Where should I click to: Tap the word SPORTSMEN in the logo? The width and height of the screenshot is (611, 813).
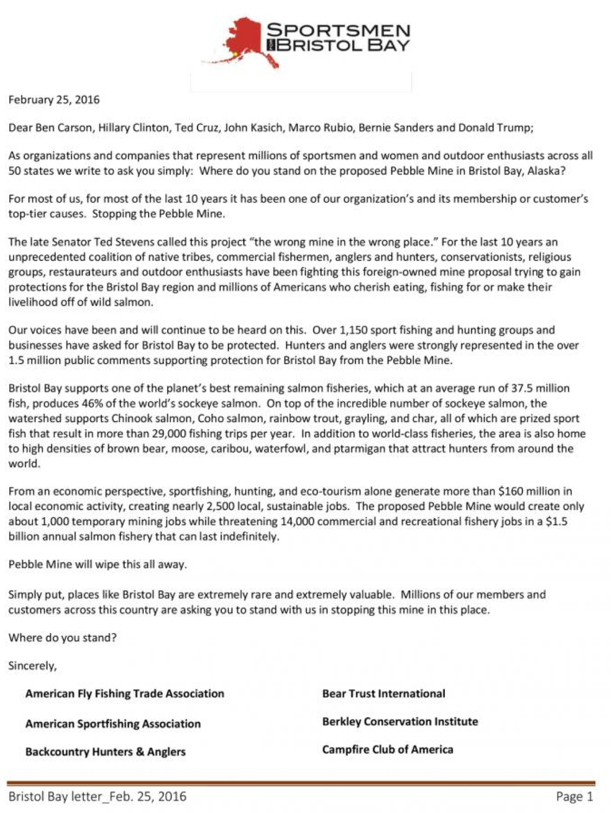point(338,31)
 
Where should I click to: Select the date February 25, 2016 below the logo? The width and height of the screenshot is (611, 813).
point(54,100)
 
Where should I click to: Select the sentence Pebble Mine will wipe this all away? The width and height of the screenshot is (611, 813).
point(97,565)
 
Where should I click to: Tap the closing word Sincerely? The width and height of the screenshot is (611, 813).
point(32,666)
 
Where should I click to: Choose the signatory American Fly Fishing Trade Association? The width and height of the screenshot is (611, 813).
point(125,694)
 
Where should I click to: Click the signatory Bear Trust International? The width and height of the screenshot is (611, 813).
point(383,694)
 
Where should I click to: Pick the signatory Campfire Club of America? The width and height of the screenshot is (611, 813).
point(387,750)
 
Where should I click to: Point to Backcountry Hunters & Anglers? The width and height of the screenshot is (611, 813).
point(105,752)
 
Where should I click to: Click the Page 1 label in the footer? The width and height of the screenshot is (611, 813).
point(574,796)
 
